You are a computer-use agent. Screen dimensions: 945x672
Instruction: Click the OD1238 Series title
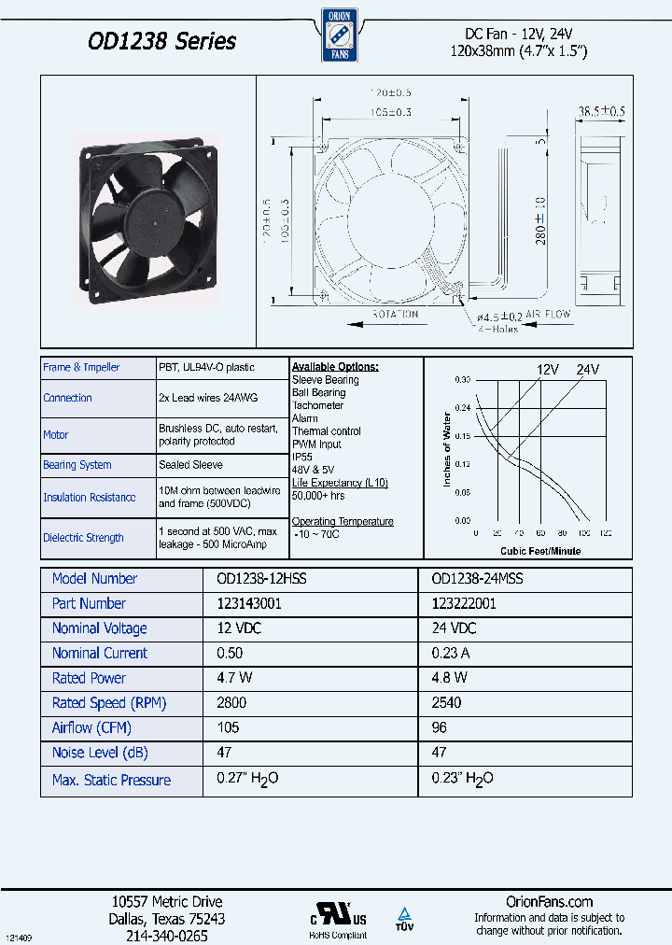(161, 41)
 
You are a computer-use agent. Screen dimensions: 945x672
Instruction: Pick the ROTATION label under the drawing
(396, 315)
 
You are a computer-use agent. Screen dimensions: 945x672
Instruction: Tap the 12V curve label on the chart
(547, 369)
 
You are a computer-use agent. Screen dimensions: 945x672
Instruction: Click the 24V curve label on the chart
(587, 369)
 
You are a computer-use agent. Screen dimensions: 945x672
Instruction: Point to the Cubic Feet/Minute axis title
(539, 551)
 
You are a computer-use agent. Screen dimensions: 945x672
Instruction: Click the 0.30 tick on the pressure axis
(462, 380)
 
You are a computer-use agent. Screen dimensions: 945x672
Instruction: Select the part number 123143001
(249, 604)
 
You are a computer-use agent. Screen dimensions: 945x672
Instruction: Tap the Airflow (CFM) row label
(91, 727)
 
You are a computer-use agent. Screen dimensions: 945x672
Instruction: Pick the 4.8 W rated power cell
(449, 678)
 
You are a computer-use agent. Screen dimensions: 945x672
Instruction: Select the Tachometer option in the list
(317, 405)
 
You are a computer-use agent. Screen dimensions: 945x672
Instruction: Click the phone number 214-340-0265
(167, 935)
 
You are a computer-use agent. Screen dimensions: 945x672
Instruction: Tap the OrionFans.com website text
(549, 901)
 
